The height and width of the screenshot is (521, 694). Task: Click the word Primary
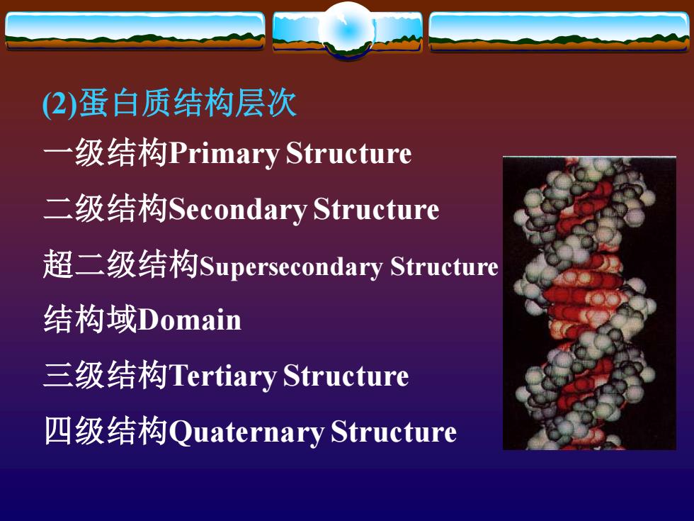click(x=224, y=155)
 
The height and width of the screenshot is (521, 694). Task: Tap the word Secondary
click(x=238, y=210)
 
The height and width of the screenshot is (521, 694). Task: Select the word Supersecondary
click(x=291, y=267)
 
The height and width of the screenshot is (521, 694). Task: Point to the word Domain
click(x=190, y=320)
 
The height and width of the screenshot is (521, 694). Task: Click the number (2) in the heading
click(x=59, y=105)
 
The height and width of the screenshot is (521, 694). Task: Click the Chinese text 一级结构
click(x=106, y=153)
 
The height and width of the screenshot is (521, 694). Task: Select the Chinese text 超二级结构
click(x=121, y=264)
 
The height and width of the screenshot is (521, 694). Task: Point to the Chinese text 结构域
click(x=91, y=319)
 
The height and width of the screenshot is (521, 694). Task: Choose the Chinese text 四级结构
click(x=106, y=431)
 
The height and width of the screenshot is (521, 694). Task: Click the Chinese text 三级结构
click(x=106, y=375)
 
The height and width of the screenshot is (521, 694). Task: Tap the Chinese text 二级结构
click(x=106, y=208)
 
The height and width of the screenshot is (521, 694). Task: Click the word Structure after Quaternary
click(x=394, y=432)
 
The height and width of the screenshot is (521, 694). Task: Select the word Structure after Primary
click(x=348, y=154)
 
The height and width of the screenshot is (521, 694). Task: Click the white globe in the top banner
click(x=348, y=30)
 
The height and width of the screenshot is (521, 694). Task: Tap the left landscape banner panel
click(x=135, y=30)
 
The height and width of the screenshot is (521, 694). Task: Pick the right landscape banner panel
click(x=559, y=31)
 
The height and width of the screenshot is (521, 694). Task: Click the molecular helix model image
click(x=589, y=303)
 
